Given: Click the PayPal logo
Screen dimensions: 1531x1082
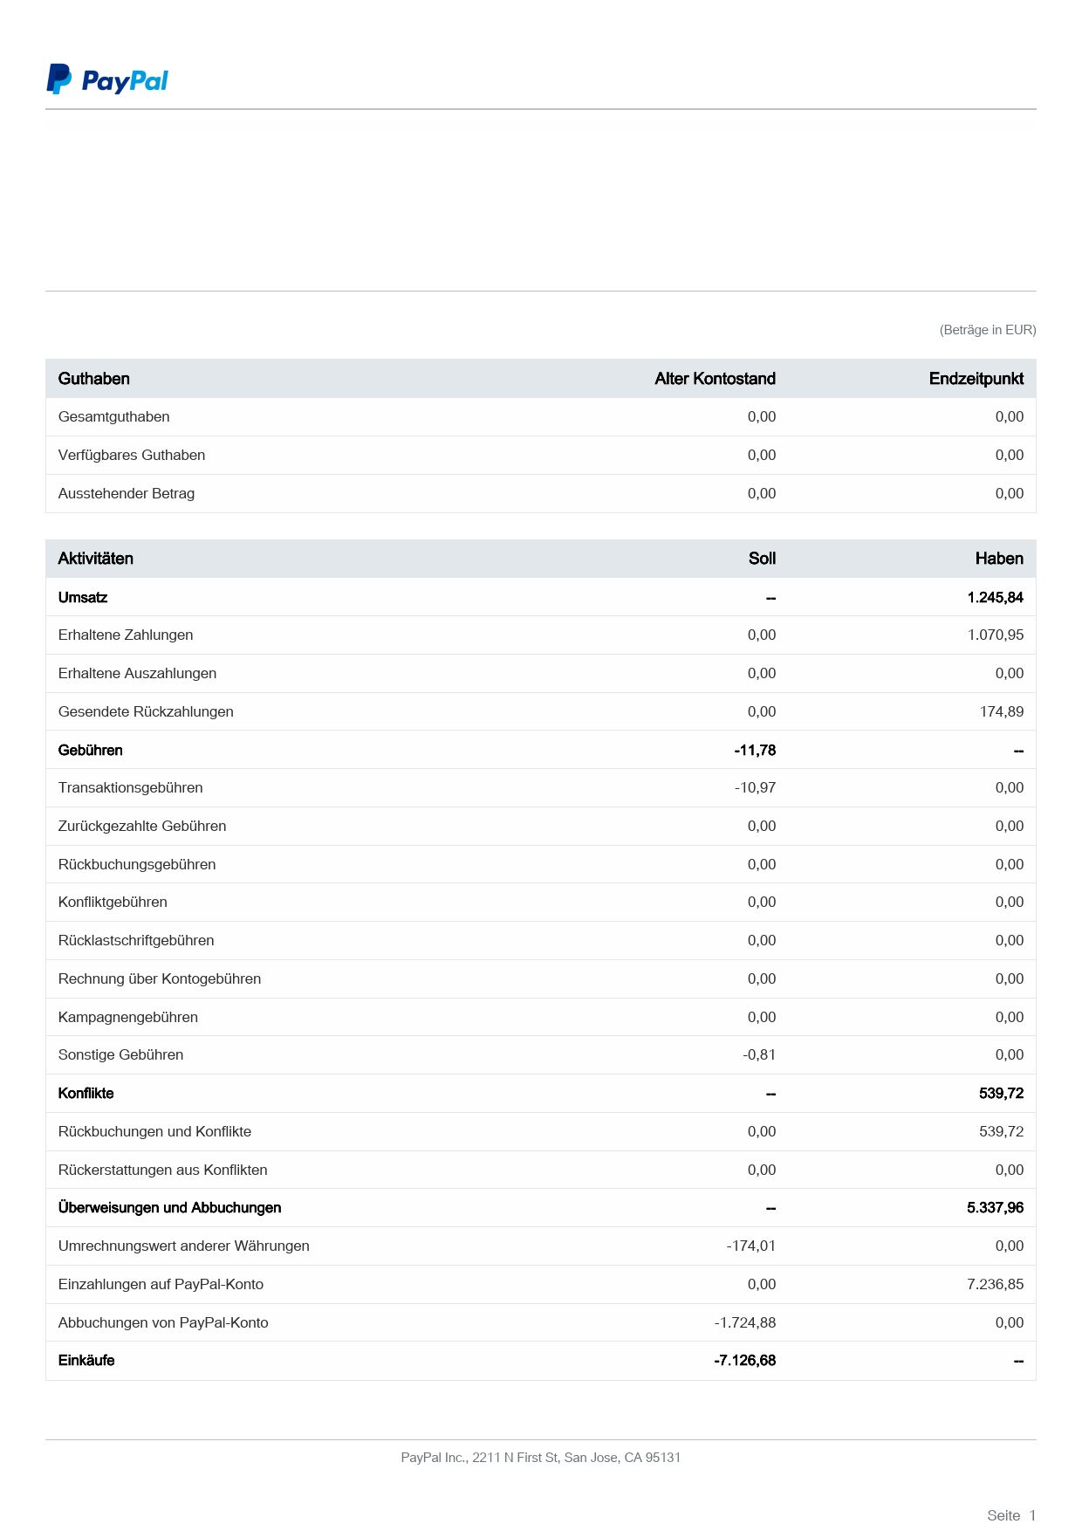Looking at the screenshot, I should point(106,79).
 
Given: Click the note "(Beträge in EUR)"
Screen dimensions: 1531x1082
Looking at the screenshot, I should point(987,330).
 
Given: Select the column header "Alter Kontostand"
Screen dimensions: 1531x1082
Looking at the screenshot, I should point(715,379).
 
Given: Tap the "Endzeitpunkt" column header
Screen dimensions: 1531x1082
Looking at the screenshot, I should point(976,379).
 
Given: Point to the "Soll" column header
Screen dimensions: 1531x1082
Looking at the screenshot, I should point(761,559).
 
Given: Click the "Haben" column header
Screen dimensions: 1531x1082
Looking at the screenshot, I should point(998,559).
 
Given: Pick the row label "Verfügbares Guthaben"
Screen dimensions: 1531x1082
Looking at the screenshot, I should point(132,455).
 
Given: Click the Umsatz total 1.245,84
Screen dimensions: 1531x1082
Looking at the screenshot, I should point(995,597).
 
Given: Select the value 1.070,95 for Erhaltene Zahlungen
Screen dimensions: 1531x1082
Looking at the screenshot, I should point(995,635).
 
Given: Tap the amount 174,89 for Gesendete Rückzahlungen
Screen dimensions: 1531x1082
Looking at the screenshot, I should point(1001,711).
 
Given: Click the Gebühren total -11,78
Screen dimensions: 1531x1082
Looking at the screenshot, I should point(755,750).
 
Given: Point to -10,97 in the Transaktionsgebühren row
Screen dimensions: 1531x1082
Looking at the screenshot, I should point(755,787).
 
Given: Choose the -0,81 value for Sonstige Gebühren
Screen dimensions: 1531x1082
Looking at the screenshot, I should point(759,1054).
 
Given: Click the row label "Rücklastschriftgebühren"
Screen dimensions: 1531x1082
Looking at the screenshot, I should point(136,940).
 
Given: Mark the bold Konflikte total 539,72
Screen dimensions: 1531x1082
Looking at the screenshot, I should point(1001,1093).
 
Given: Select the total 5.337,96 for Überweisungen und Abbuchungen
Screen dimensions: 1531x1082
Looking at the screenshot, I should point(995,1207).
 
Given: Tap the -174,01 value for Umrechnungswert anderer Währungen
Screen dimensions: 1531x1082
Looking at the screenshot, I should point(750,1246).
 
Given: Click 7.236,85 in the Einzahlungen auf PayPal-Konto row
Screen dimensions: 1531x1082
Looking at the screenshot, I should point(995,1284).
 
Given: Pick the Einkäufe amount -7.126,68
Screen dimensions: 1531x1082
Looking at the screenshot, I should point(744,1360).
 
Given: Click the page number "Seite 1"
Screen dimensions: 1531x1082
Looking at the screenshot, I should point(1010,1515).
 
